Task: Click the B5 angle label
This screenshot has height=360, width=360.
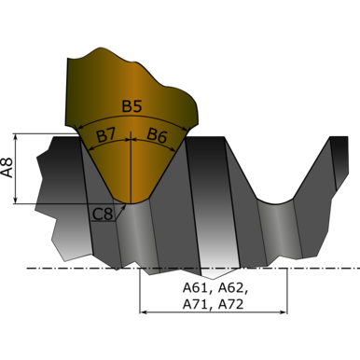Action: pyautogui.click(x=132, y=106)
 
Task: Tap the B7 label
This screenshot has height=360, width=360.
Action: pyautogui.click(x=105, y=136)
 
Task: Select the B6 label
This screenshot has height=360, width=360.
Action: pyautogui.click(x=157, y=135)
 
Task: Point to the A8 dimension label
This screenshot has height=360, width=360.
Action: pyautogui.click(x=7, y=168)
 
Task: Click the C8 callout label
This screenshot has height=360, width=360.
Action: pyautogui.click(x=103, y=215)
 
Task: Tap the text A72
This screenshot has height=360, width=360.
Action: pyautogui.click(x=230, y=304)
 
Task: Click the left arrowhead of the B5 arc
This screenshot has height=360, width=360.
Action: pyautogui.click(x=79, y=127)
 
